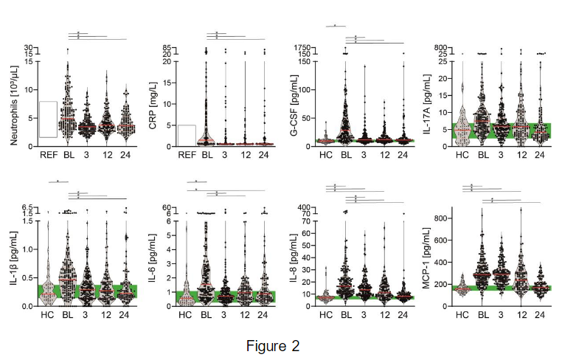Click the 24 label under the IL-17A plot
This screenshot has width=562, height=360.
click(540, 155)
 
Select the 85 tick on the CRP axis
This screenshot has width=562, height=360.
click(167, 47)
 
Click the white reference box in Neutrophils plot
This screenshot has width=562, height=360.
click(48, 120)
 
